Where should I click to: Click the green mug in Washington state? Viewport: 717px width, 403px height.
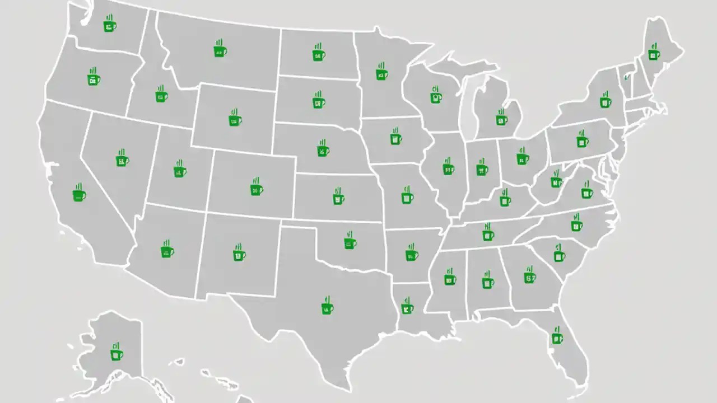tap(110, 26)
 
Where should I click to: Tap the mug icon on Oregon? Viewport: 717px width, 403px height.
tap(94, 79)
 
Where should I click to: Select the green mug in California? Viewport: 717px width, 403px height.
tap(79, 195)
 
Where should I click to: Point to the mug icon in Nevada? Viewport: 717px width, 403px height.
tap(122, 160)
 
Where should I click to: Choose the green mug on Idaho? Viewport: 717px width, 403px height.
tap(161, 96)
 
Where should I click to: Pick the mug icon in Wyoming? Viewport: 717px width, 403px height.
tap(235, 119)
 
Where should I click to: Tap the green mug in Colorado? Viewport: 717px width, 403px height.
tap(257, 189)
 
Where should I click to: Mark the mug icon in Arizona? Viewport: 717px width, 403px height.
tap(167, 251)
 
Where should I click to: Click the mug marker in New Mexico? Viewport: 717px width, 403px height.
tap(239, 255)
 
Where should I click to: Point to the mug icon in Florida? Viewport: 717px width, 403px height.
tap(557, 338)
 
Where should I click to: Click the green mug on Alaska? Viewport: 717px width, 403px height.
tap(116, 354)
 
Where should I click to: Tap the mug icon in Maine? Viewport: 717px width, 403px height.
tap(653, 54)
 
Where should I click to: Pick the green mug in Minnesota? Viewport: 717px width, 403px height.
tap(381, 73)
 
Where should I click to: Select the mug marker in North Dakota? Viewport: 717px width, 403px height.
tap(319, 55)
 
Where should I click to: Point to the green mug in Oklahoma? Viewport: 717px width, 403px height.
tap(350, 242)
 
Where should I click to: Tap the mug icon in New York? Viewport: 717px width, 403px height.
tap(605, 101)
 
